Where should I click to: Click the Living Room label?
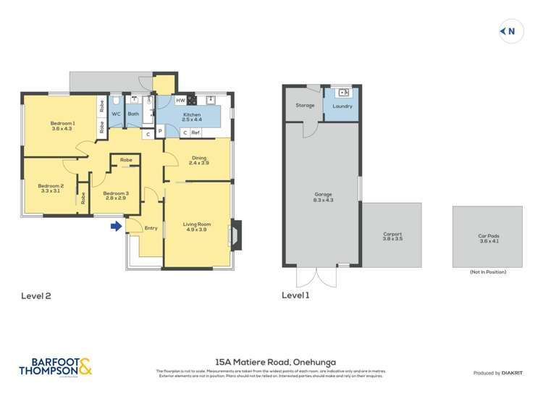point(197,227)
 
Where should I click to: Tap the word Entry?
point(151,228)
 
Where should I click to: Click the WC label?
point(116,114)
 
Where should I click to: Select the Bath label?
point(133,114)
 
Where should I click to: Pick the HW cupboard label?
point(180,101)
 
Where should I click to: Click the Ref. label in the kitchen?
point(195,132)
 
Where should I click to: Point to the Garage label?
point(323,196)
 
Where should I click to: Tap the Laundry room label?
point(342,106)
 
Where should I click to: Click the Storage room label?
point(305,106)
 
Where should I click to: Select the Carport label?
point(392,236)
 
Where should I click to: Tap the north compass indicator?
point(510,31)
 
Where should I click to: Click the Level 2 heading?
point(36,295)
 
